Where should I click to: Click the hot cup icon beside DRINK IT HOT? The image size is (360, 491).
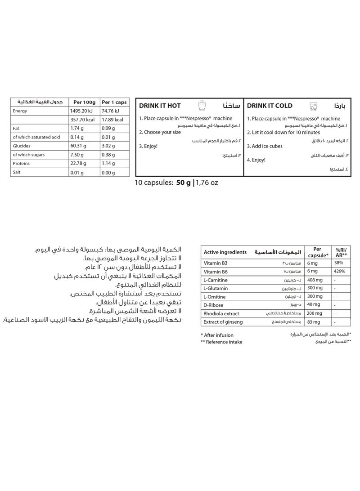(x=202, y=106)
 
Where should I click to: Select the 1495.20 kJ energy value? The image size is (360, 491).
(x=81, y=111)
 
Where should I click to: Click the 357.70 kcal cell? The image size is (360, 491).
(x=81, y=120)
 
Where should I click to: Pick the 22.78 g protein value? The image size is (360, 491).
(x=78, y=163)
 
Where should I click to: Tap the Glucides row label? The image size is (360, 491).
(x=22, y=146)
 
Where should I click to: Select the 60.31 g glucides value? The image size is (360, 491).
(x=78, y=146)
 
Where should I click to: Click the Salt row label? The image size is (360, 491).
(x=17, y=172)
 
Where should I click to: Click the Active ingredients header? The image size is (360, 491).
(x=225, y=252)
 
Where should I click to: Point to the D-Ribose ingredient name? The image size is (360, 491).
(x=214, y=305)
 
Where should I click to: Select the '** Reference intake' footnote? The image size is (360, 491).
(x=221, y=342)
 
